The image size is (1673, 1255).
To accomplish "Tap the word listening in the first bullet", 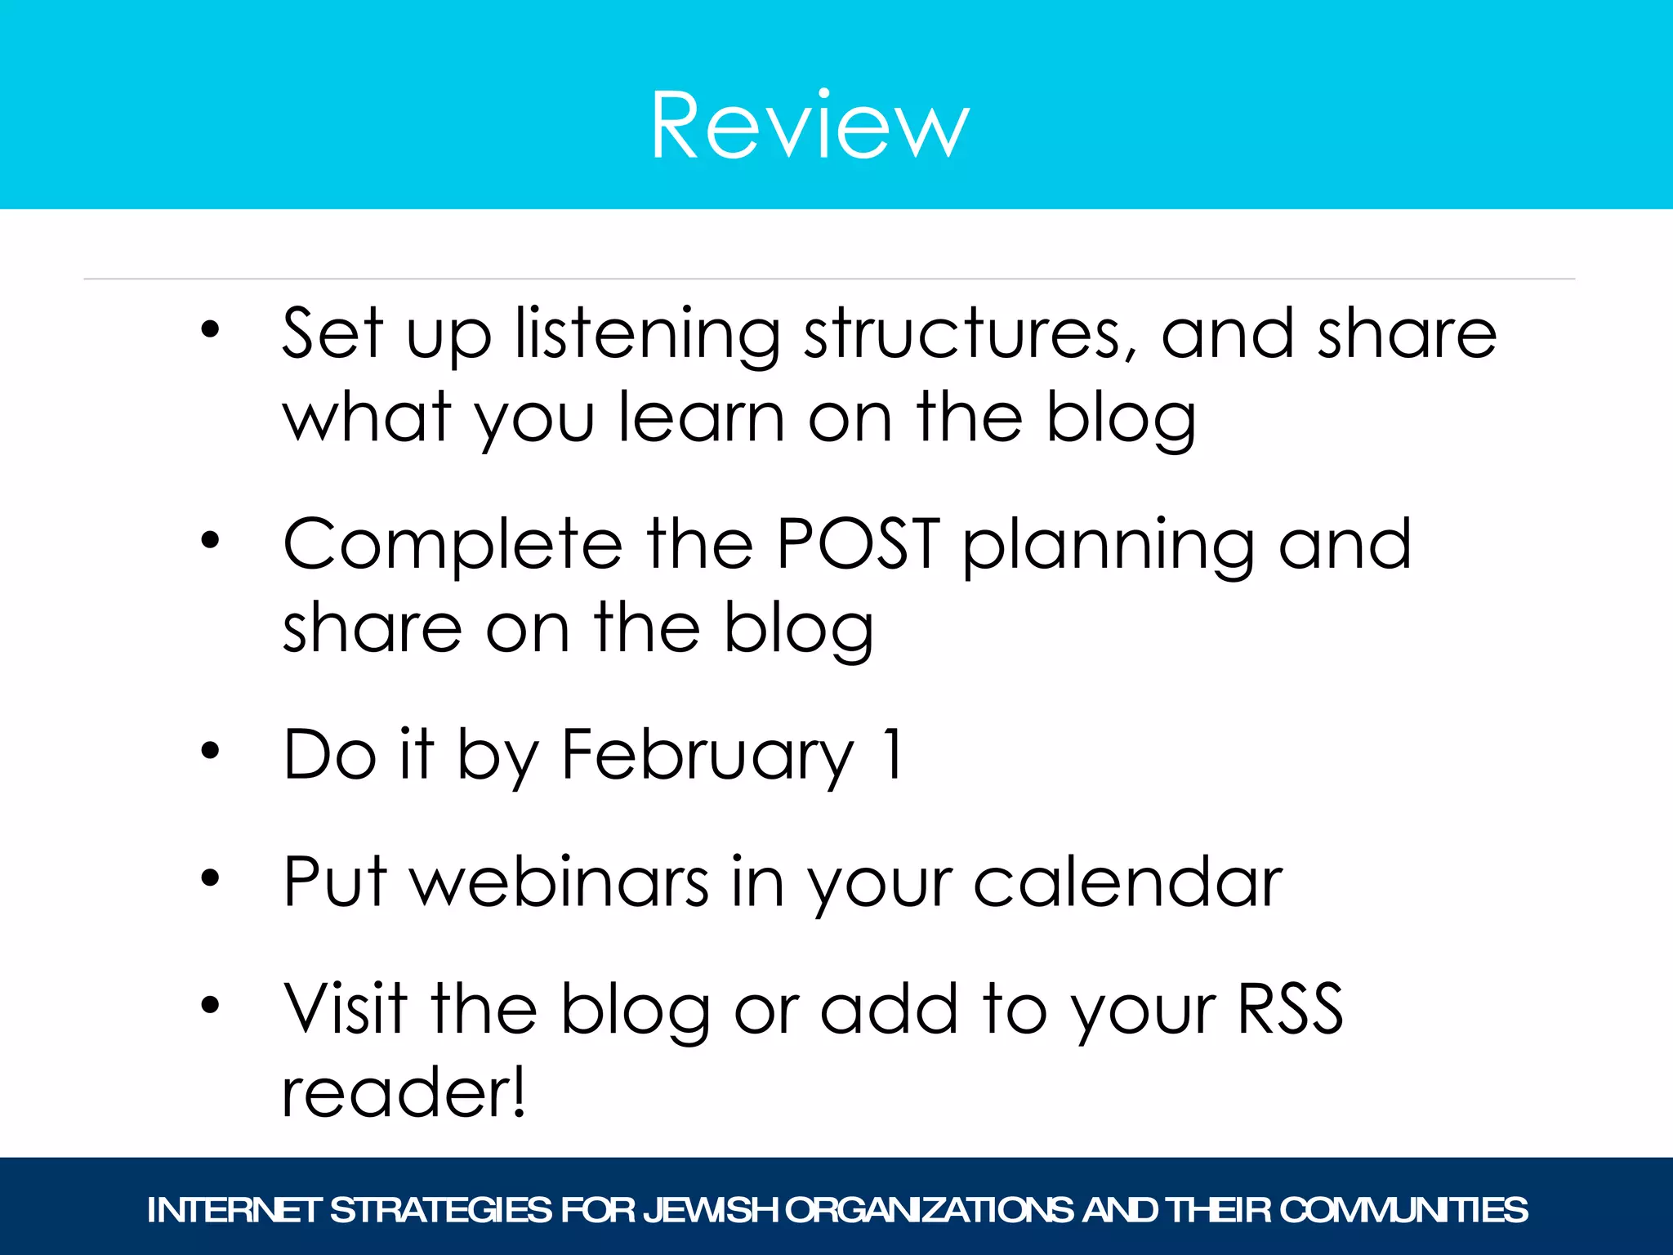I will coord(648,335).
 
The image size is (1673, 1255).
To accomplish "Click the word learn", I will coord(702,418).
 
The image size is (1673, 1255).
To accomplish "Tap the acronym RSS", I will coord(1291,1008).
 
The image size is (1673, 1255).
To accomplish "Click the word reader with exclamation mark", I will coord(404,1092).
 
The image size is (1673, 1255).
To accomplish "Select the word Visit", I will coord(346,1008).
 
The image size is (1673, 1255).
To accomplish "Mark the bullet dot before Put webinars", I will coord(211,878).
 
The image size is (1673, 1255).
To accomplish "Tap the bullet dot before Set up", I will coord(211,330).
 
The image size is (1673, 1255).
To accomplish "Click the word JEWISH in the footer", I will coord(711,1210).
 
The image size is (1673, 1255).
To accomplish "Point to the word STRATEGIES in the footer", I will coord(441,1210).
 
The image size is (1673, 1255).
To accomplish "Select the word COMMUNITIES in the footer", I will coord(1403,1210).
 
